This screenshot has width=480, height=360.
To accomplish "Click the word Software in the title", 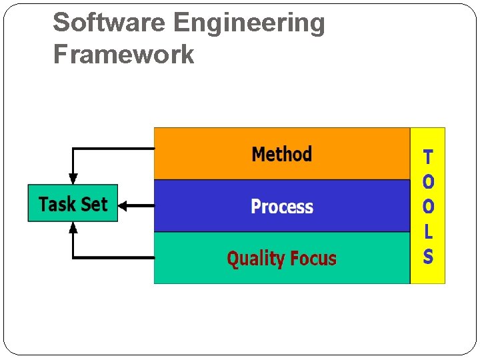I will point(109,23).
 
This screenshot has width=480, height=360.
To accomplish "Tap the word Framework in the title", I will point(123,54).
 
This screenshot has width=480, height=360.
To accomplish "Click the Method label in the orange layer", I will point(281,155).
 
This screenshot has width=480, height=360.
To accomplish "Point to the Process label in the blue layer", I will point(281,207).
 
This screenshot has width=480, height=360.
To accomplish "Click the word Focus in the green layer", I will point(313,258).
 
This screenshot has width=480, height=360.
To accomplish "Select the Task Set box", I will point(73,203).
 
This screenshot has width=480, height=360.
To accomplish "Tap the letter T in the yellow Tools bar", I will point(428,157).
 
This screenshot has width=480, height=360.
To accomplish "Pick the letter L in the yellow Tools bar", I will point(428,232).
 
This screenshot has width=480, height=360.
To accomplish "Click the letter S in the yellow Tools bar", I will point(428,257).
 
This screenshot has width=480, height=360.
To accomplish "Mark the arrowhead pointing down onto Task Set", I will point(73,179).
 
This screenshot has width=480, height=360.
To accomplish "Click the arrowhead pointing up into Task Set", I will point(73,227).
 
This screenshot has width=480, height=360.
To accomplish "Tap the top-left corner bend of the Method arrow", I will point(73,149).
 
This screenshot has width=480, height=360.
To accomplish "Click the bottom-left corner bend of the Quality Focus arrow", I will point(73,257).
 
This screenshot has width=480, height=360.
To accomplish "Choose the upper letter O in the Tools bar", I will point(428,181).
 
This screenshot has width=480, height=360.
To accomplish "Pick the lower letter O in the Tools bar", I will point(428,207).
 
